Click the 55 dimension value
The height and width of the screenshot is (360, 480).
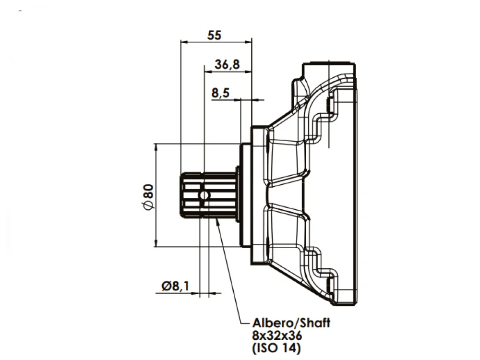click(x=214, y=35)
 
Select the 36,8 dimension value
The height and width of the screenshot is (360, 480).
click(x=227, y=65)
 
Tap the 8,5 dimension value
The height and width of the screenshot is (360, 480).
click(x=220, y=93)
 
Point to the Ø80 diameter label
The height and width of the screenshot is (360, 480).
click(x=148, y=197)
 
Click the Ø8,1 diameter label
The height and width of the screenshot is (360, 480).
click(x=175, y=286)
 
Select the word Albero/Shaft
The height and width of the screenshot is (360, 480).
click(x=291, y=323)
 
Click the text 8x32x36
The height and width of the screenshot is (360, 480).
click(x=277, y=336)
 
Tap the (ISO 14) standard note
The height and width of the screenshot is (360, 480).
click(x=276, y=348)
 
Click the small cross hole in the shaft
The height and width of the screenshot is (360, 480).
click(x=204, y=195)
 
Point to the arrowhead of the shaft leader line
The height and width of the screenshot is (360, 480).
click(x=217, y=221)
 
